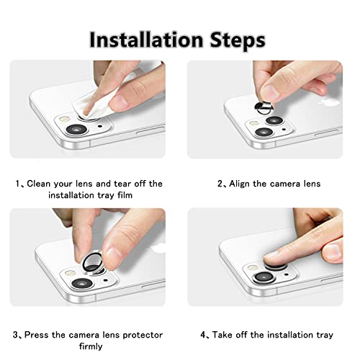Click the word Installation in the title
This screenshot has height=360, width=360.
[146, 40]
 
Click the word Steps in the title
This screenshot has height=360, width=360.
[238, 41]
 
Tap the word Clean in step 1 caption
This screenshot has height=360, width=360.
[39, 184]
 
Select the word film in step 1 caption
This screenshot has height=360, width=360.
[125, 195]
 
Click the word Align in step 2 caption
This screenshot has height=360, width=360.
[240, 184]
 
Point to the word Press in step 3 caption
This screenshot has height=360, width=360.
[37, 335]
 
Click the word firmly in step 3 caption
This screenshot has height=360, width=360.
[91, 346]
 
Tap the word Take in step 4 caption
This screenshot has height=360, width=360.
[222, 335]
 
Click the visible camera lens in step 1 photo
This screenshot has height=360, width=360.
[76, 130]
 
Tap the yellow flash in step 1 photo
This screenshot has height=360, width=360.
[65, 119]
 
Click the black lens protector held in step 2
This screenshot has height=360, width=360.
[264, 108]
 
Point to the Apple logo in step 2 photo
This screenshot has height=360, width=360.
[328, 102]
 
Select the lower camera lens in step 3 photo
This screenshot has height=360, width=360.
[82, 283]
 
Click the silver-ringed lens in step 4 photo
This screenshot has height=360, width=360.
[264, 277]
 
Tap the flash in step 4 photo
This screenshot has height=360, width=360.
[252, 267]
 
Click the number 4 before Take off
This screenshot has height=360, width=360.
[203, 335]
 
